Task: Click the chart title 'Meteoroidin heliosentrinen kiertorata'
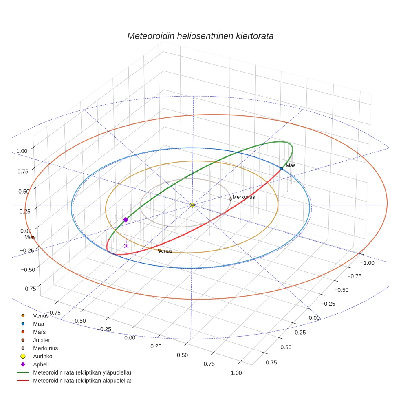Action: coord(200,36)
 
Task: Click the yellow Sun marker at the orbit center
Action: coord(192,205)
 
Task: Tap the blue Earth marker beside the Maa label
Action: coord(281,169)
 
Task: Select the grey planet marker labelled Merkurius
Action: coord(230,199)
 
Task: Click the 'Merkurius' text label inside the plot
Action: coord(244,197)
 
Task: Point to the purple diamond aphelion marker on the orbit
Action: coord(126,220)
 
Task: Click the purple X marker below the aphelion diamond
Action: coord(126,246)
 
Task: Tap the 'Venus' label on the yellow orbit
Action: coord(165,251)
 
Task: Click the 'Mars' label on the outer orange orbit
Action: coord(30,237)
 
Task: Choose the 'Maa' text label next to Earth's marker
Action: coord(291,165)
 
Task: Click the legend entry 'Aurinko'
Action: coord(42,356)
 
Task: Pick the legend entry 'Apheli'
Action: coord(41,364)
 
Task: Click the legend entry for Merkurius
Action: coord(45,348)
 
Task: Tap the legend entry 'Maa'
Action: coord(38,324)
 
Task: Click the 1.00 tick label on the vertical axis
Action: coord(22,151)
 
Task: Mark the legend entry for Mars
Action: coord(39,332)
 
